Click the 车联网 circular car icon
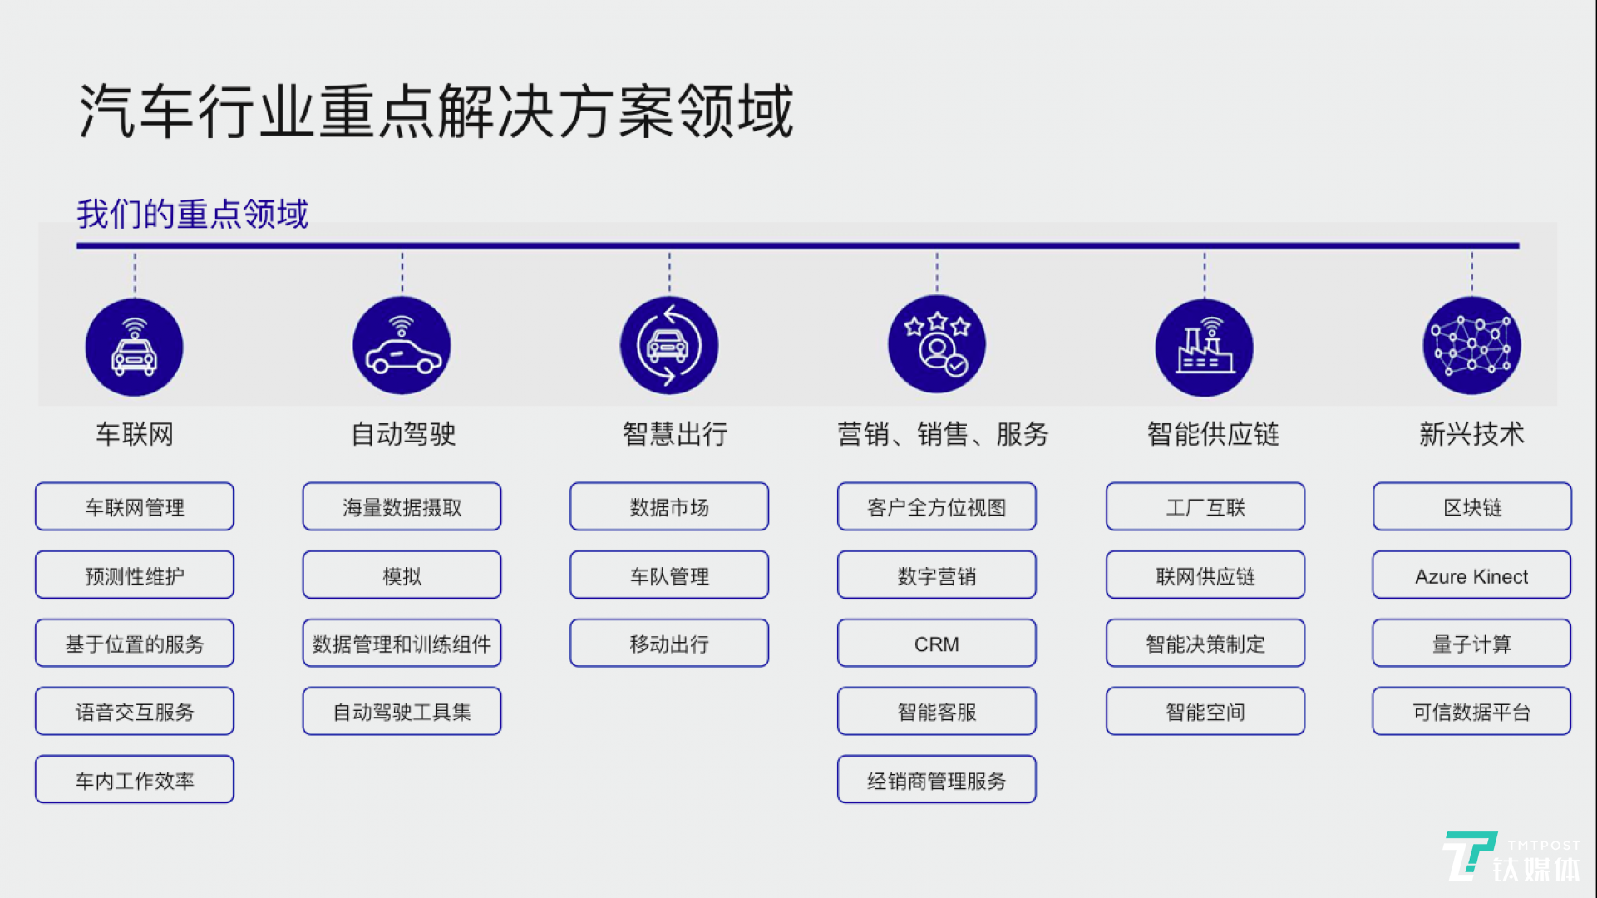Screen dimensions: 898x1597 coord(134,347)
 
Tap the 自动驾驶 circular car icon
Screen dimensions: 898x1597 coord(402,346)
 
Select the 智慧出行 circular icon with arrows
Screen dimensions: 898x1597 coord(669,345)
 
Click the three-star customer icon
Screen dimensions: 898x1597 coord(937,344)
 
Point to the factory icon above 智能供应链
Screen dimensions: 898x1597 coord(1205,347)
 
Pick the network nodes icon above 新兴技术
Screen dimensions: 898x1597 coord(1471,345)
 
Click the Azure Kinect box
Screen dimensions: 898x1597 coord(1471,575)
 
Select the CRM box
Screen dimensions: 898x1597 coord(937,644)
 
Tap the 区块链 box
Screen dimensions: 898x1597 coord(1471,507)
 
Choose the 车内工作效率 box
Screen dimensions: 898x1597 coord(135,780)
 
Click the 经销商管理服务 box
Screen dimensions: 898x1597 coord(937,780)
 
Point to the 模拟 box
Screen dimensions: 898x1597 coord(402,575)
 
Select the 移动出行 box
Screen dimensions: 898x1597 coord(669,644)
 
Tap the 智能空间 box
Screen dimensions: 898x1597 coord(1205,712)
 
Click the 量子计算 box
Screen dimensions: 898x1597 coord(1471,644)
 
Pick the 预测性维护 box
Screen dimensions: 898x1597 coord(135,575)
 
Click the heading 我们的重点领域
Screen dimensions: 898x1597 coord(192,214)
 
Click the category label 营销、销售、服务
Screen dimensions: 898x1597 coord(943,434)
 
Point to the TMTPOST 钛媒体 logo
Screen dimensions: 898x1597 coord(1512,858)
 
